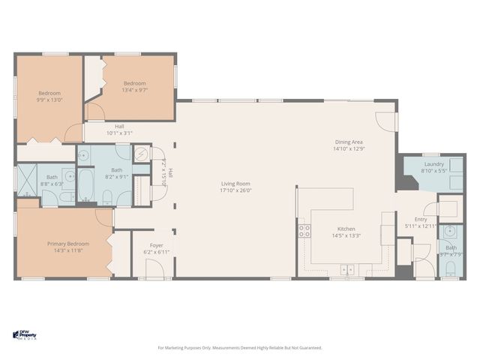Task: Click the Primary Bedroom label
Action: [x=68, y=244]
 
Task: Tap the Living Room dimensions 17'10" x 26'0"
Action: [x=235, y=191]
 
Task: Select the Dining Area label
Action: [x=349, y=142]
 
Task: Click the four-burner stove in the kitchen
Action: [x=304, y=231]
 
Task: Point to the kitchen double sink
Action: [x=347, y=269]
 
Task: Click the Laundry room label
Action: [x=433, y=164]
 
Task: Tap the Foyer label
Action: [x=156, y=245]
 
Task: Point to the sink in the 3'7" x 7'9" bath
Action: [x=449, y=231]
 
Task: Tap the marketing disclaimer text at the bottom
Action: [x=239, y=348]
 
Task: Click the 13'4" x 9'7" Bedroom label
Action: [x=134, y=83]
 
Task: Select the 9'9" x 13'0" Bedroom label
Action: [x=49, y=93]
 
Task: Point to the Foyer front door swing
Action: [x=155, y=271]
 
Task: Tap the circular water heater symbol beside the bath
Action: [x=142, y=154]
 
